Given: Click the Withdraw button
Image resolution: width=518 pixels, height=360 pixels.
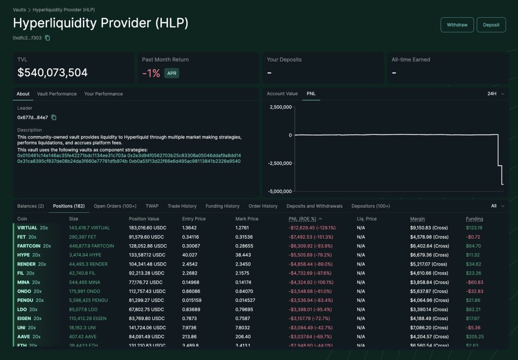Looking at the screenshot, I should (x=457, y=25).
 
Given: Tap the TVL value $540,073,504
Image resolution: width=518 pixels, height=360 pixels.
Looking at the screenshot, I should (x=53, y=73).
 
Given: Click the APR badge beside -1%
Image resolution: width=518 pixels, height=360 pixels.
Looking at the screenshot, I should (x=171, y=73).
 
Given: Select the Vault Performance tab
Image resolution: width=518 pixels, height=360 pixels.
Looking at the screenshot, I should (x=57, y=94).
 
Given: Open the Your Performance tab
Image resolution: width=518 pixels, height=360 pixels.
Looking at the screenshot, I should (x=103, y=94).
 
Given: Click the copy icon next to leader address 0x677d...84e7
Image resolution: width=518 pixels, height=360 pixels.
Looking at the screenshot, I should (x=54, y=118).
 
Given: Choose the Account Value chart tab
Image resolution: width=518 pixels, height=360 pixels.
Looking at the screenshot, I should (x=282, y=94).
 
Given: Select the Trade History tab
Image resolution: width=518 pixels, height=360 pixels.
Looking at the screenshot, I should (x=182, y=206).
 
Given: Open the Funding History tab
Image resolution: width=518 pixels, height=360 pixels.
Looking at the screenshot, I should (x=223, y=206).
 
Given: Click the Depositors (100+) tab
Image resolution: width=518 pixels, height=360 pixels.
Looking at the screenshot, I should (x=371, y=206).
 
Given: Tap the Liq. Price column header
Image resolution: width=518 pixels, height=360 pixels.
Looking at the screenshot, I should (x=367, y=219).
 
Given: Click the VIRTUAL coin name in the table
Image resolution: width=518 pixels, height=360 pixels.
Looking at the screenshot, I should (x=27, y=228).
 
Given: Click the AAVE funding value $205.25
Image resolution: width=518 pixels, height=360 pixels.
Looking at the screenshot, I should (x=475, y=337).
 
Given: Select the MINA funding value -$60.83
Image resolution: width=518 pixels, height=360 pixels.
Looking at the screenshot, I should (x=474, y=282).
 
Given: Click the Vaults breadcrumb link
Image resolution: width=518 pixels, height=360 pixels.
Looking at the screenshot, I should (x=19, y=10).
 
